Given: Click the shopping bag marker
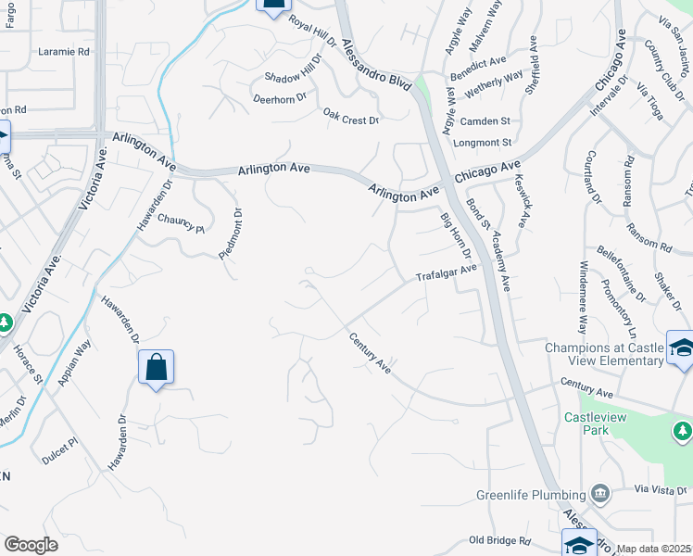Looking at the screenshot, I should (x=156, y=367).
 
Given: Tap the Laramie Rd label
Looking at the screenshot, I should (x=64, y=52).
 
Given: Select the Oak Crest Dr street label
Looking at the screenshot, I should (x=351, y=119).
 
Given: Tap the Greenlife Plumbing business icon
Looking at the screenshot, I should (x=600, y=491).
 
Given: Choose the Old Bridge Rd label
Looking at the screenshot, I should (x=499, y=540).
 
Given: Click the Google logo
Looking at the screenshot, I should (x=31, y=545).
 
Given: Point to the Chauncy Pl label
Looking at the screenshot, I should (x=180, y=222).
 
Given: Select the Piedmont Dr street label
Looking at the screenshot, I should (x=231, y=235).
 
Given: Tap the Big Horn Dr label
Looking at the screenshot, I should (x=456, y=236).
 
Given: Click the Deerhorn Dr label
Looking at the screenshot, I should (x=279, y=99).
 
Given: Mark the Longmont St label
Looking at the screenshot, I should (x=482, y=143).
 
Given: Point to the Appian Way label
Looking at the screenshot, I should (x=75, y=362).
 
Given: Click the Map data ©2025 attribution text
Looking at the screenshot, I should (x=654, y=549).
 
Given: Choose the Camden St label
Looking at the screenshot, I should (x=485, y=121).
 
